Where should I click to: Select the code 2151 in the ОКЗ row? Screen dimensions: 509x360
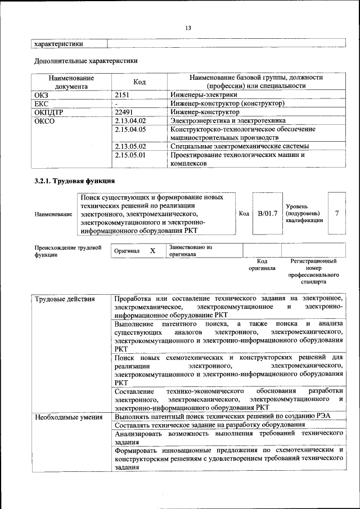[x=123, y=95]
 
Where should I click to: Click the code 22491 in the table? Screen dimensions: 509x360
[x=124, y=112]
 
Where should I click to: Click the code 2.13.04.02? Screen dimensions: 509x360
[x=130, y=120]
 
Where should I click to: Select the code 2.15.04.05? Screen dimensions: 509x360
[x=130, y=129]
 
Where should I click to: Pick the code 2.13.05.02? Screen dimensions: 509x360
[x=130, y=146]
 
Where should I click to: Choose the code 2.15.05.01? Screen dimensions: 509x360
[x=130, y=155]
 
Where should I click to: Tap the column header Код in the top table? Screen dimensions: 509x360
[x=140, y=82]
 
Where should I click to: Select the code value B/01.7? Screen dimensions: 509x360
[x=267, y=214]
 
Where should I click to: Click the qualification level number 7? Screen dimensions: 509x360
[x=336, y=214]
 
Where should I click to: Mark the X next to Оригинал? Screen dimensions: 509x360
[x=152, y=251]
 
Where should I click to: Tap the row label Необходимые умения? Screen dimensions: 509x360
[x=68, y=417]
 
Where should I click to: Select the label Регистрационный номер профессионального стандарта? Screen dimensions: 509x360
[x=313, y=272]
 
